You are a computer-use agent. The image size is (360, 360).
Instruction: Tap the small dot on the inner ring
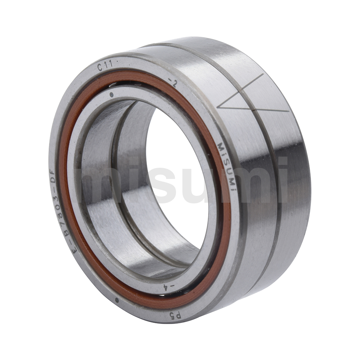[112, 95]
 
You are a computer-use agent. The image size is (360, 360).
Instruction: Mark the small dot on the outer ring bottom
[117, 300]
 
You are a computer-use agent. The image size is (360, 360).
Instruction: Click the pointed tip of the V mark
[219, 107]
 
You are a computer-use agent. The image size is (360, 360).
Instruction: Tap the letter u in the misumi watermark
[196, 185]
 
